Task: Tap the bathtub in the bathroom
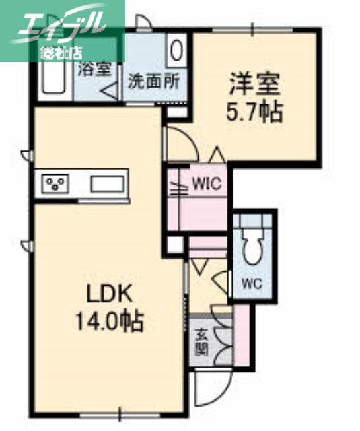tap(52, 75)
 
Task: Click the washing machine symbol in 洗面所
tap(177, 51)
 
